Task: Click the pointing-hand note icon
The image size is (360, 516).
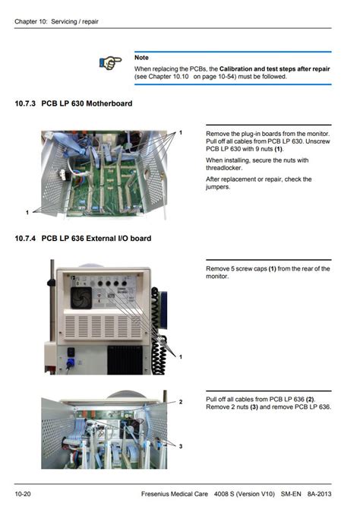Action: click(110, 63)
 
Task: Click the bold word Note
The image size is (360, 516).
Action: click(141, 58)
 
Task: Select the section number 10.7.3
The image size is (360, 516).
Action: click(25, 103)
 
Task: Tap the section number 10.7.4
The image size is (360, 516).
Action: click(25, 239)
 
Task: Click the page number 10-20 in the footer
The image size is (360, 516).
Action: click(22, 495)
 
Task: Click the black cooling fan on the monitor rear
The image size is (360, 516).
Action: click(81, 299)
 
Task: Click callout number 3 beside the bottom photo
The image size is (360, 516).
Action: click(181, 446)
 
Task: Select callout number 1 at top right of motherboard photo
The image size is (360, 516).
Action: click(181, 133)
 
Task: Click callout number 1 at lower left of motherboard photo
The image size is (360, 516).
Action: click(27, 212)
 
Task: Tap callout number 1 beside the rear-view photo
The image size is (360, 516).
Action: click(181, 356)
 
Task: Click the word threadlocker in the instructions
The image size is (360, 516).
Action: click(226, 168)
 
